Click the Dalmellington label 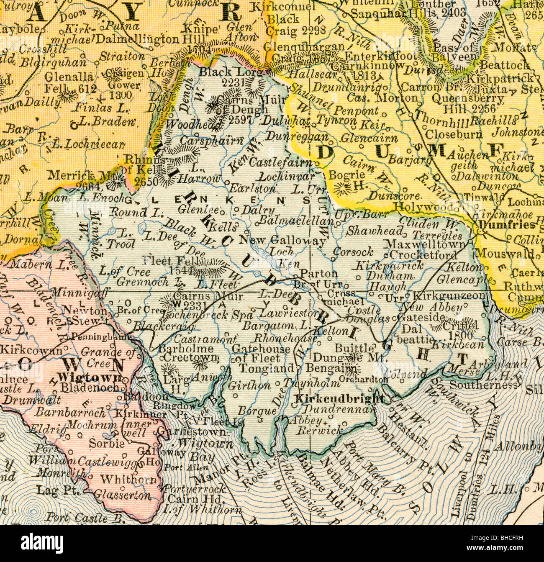132,40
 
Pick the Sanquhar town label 378,13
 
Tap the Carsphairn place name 211,141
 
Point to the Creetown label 191,357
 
